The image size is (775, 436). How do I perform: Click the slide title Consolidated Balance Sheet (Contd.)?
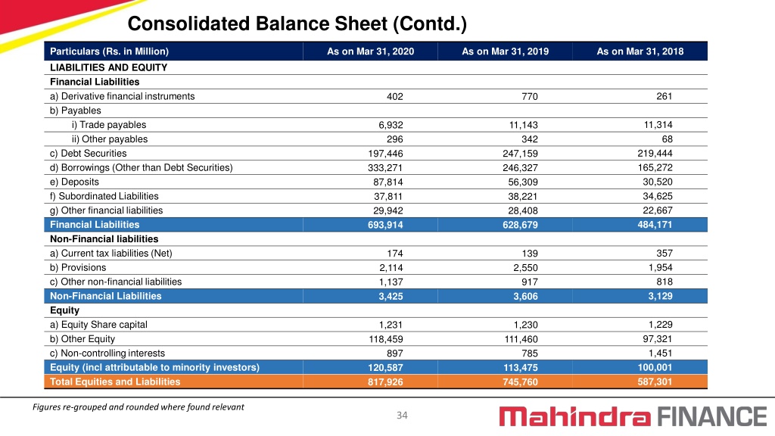coord(297,23)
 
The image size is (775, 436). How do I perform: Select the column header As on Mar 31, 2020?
coord(370,51)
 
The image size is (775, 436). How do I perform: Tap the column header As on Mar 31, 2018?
coord(640,51)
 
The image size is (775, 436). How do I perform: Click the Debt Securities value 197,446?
coord(385,154)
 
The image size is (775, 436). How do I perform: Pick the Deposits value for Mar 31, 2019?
coord(523,182)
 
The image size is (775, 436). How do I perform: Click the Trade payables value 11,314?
coord(658,125)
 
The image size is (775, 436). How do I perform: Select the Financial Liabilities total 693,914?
coord(385,225)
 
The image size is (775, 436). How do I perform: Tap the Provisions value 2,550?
coord(525,268)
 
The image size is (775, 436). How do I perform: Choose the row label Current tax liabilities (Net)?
coord(111,254)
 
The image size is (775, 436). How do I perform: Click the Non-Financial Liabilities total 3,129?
coord(660,297)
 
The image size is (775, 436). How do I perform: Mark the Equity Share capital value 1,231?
coord(391,325)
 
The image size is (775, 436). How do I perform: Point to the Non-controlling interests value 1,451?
coord(660,353)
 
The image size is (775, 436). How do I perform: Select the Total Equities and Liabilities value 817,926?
coord(385,382)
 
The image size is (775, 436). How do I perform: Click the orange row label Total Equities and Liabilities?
coord(115,381)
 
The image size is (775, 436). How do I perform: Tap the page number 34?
coord(403,416)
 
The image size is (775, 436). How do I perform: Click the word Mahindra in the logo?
coord(575,416)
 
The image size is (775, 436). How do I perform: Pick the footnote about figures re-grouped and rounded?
coord(139,406)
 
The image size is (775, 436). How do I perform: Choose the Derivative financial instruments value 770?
coord(530,96)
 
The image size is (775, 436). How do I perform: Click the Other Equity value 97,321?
coord(658,339)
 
